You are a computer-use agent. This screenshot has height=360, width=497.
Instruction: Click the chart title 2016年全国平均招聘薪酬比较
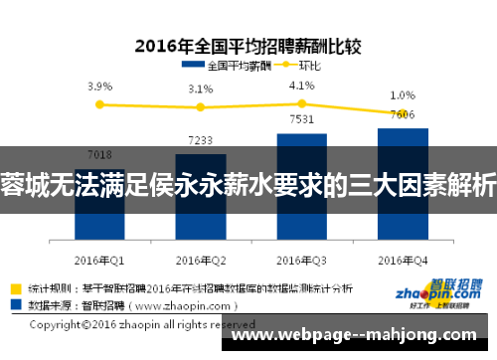coord(248,44)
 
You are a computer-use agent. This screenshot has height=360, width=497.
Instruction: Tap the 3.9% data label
coord(99,87)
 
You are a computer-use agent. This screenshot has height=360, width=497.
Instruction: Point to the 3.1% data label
coord(201,90)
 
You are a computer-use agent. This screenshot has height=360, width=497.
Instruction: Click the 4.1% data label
coord(301,86)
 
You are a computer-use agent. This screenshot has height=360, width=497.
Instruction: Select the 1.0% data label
coord(402,95)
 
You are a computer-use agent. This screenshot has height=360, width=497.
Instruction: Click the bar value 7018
coord(99,154)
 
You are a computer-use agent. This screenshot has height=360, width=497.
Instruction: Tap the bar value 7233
coord(200,140)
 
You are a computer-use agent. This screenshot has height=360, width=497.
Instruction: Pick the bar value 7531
coord(301,120)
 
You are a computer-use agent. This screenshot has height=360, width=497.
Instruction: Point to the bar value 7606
coord(402,114)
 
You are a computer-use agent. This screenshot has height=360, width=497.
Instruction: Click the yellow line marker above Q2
coord(200,106)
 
